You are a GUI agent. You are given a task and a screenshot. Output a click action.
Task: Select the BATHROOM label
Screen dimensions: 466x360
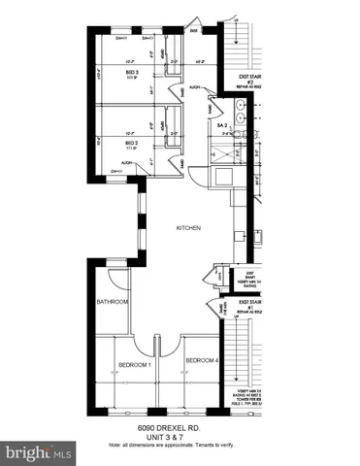click(113, 302)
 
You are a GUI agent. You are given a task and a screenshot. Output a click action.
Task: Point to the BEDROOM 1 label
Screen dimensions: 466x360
click(135, 364)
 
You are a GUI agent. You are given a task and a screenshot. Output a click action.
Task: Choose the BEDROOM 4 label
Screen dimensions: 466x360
click(201, 360)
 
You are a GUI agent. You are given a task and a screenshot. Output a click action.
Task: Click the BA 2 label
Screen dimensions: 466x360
click(221, 126)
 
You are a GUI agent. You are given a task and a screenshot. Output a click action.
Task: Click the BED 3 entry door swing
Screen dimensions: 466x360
click(175, 93)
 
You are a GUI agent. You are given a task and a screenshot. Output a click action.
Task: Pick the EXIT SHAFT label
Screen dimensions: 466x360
click(249, 278)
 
